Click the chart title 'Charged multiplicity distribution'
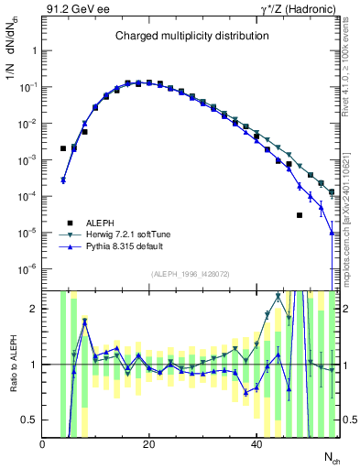[191, 36]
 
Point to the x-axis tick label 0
[43, 443]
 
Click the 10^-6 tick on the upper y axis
[29, 269]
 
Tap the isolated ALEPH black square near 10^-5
[299, 215]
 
